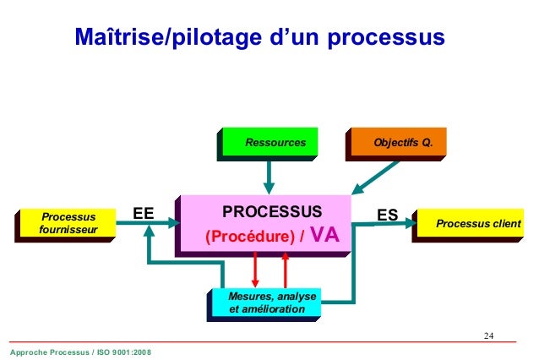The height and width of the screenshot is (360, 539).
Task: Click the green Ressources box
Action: click(275, 142)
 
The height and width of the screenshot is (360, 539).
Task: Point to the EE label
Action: click(143, 215)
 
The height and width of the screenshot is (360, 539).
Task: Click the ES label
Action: click(388, 215)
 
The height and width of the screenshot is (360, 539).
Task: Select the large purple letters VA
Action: click(325, 236)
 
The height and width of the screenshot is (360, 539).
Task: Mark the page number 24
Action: click(488, 336)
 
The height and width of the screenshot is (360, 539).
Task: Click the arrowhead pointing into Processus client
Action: click(411, 223)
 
